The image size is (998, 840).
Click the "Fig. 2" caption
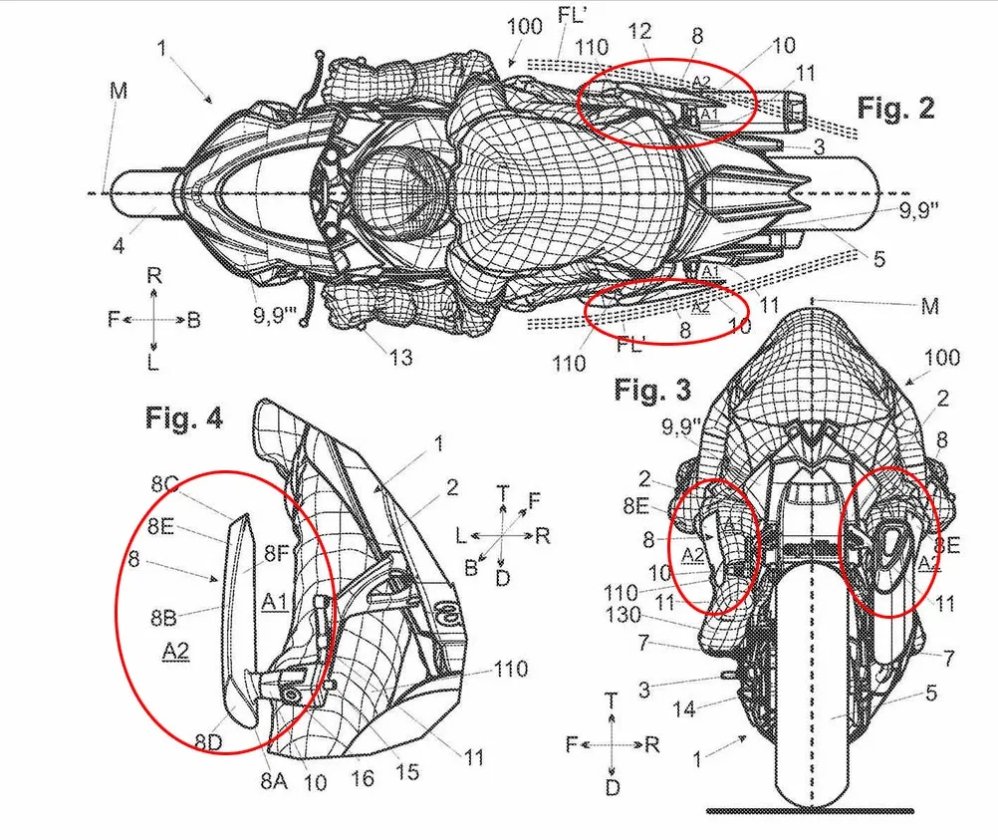point(895,108)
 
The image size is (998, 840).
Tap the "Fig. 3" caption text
point(651,390)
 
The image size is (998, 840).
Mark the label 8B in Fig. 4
point(165,617)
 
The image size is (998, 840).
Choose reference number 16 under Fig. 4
point(364,777)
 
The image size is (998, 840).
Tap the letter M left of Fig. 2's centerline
point(120,93)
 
